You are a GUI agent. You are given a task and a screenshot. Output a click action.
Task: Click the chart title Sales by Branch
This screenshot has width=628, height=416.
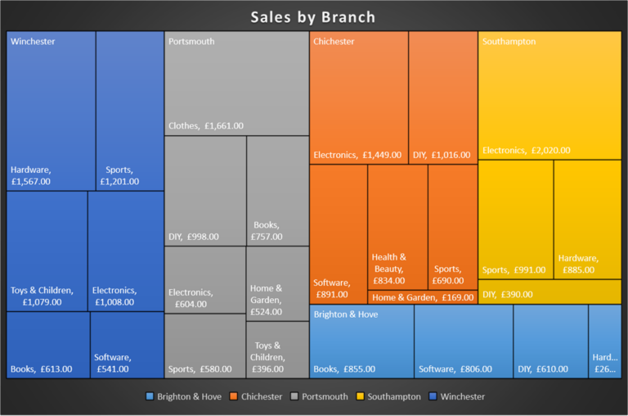click(x=313, y=17)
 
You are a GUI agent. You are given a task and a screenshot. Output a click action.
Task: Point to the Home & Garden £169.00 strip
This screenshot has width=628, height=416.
click(x=422, y=297)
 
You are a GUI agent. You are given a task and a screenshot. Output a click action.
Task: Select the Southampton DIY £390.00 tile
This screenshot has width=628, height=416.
click(x=549, y=292)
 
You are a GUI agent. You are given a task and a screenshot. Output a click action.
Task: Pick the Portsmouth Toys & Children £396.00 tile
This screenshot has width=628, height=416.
click(x=277, y=350)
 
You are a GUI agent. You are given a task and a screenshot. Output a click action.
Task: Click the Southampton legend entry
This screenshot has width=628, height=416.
click(x=388, y=396)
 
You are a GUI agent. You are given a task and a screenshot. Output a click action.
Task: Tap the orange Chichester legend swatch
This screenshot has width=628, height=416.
click(x=233, y=396)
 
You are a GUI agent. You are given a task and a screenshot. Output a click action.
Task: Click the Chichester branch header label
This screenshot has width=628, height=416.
click(x=334, y=41)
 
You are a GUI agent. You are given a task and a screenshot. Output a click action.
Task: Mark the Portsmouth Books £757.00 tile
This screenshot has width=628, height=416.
click(x=277, y=190)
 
